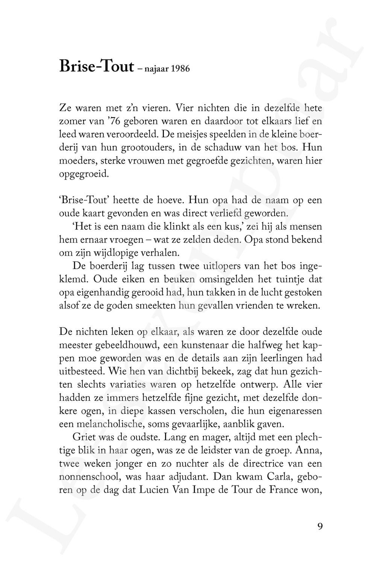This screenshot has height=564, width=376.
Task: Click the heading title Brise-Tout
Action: pos(97,66)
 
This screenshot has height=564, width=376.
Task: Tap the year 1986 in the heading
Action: pos(179,69)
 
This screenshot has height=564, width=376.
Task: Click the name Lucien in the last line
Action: pos(155,490)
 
